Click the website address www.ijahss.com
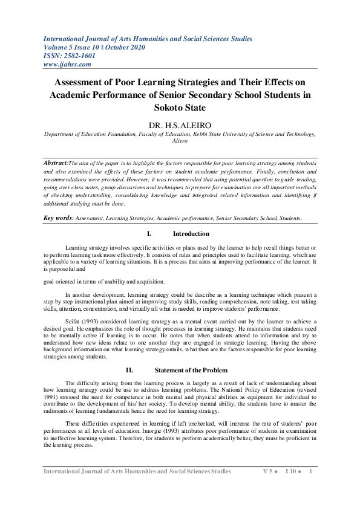pyautogui.click(x=68, y=64)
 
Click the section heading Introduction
pyautogui.click(x=191, y=233)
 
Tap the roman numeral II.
pyautogui.click(x=129, y=369)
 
